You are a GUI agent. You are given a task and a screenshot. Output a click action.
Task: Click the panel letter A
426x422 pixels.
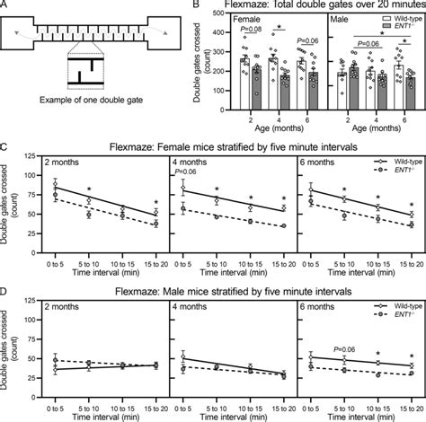click(5, 5)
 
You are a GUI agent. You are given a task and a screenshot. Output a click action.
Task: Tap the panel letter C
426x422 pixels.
click(5, 142)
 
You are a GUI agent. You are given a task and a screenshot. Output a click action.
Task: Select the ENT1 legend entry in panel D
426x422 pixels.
click(392, 316)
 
